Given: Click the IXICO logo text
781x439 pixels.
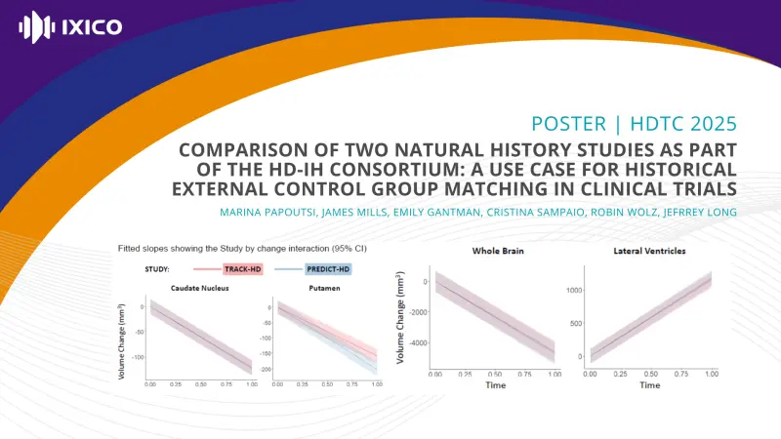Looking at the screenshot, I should (x=93, y=26).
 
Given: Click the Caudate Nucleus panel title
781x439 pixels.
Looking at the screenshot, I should (x=200, y=288).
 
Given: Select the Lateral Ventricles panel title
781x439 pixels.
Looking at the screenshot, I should (x=649, y=251).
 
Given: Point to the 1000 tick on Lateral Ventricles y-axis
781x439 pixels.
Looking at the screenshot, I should (x=574, y=290).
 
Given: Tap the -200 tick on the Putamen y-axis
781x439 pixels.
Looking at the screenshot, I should (x=264, y=370).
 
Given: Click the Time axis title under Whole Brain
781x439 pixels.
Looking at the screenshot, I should (x=495, y=385).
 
